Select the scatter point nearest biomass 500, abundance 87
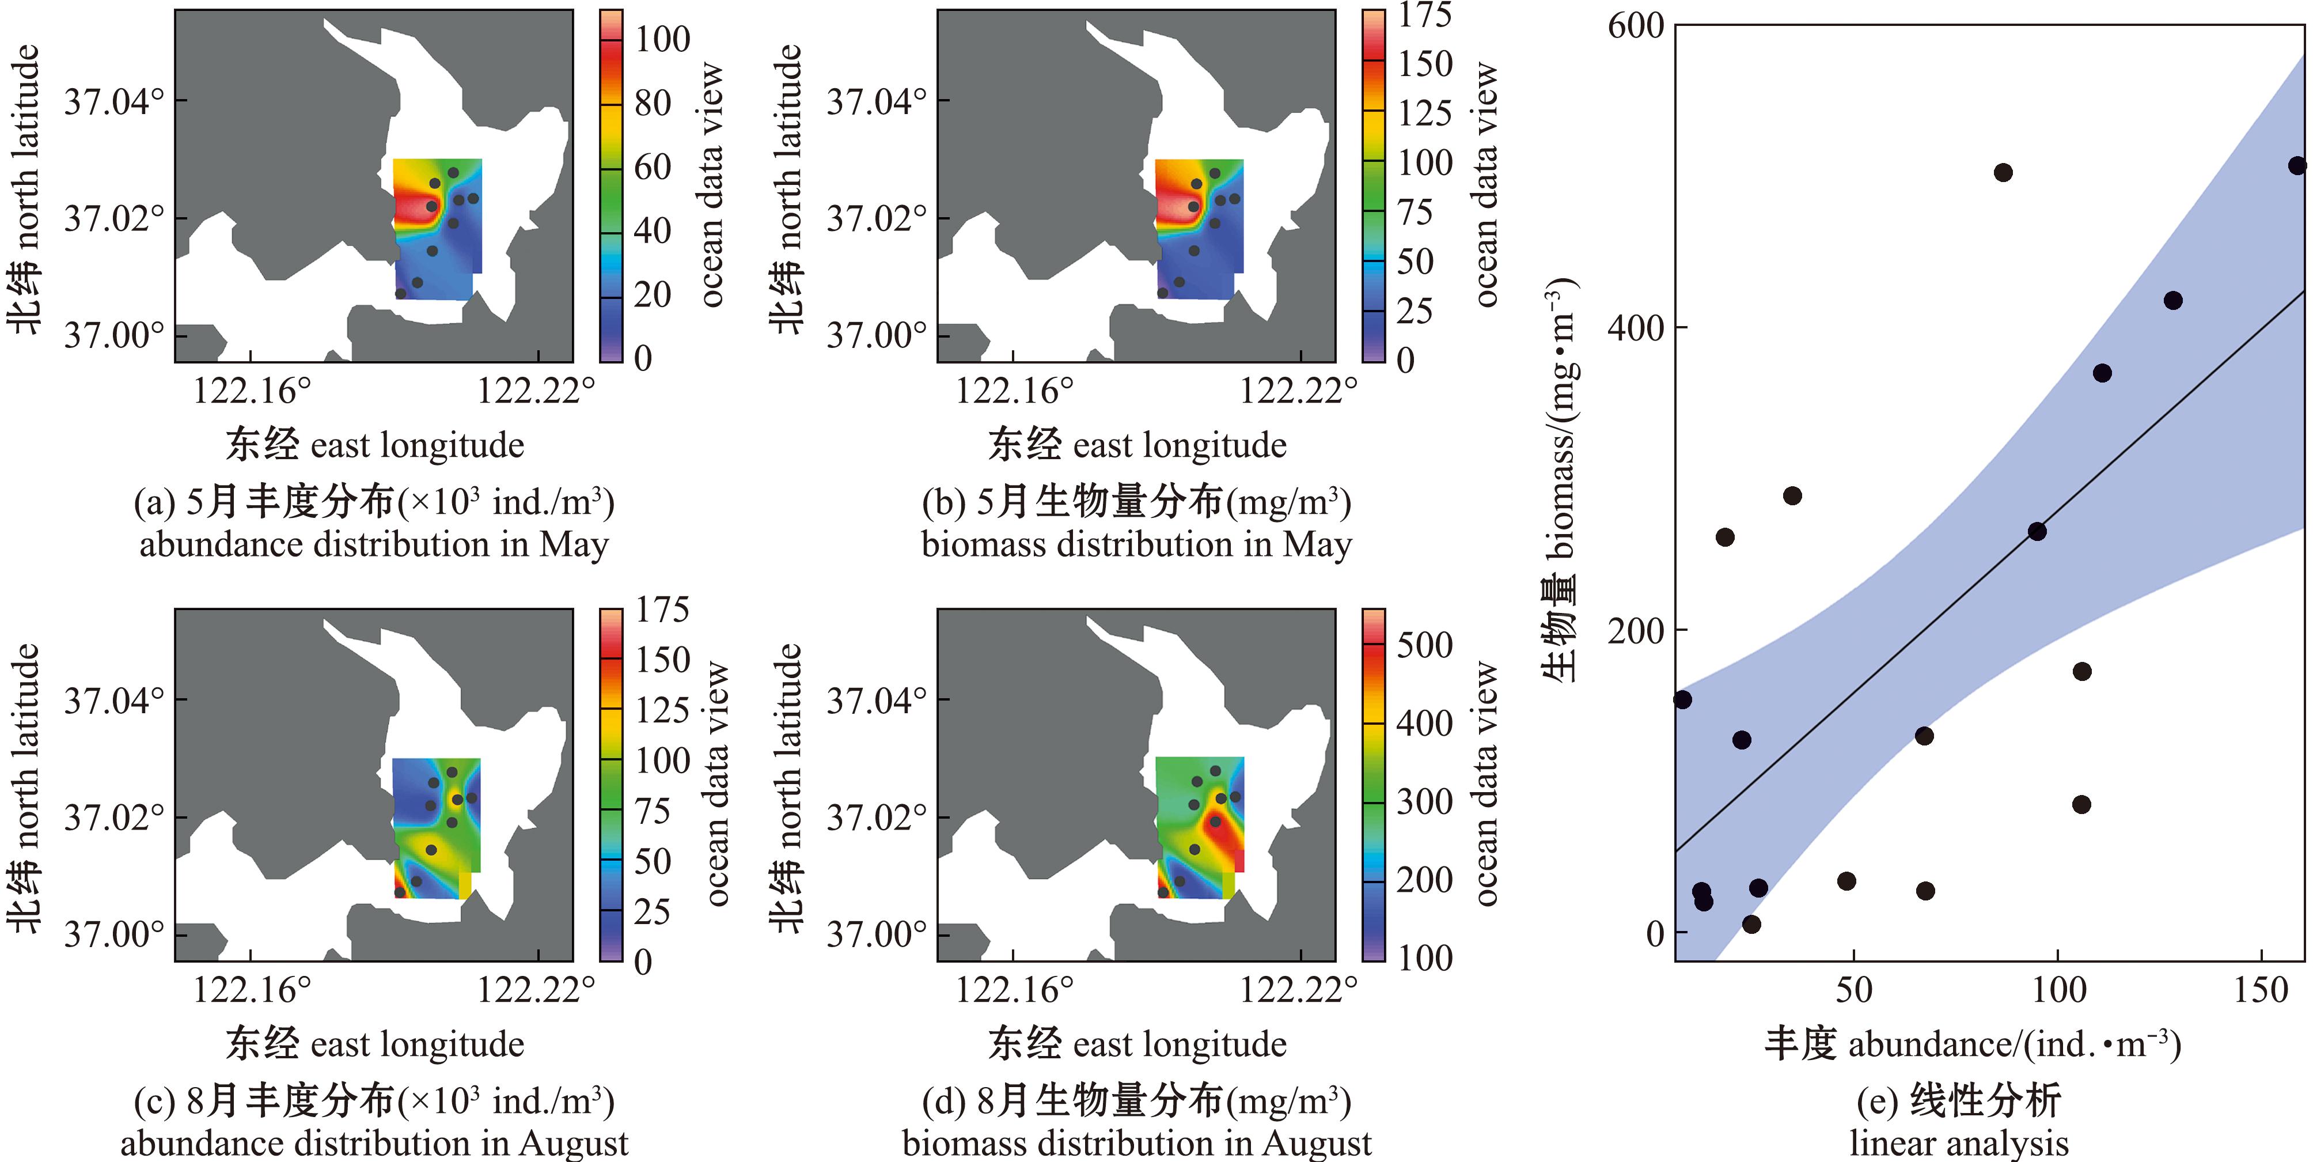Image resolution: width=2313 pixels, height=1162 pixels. pos(2003,172)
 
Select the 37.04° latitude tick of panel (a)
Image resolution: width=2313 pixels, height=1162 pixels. pos(113,101)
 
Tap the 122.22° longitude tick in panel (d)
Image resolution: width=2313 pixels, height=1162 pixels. pos(1298,990)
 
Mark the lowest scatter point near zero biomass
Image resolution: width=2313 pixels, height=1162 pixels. pos(1751,924)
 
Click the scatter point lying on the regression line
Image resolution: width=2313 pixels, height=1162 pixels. pos(2037,532)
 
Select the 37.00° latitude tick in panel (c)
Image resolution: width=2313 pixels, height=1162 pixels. pos(113,935)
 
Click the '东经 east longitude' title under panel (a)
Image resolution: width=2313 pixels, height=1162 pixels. pos(374,445)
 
